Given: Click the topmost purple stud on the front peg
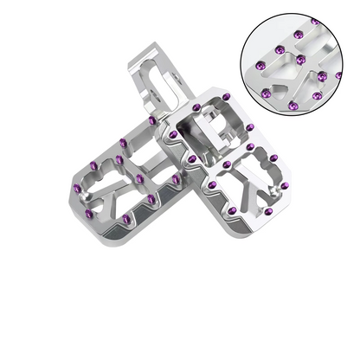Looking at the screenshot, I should [197, 106].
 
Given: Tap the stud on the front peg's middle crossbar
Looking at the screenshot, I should [226, 162].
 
